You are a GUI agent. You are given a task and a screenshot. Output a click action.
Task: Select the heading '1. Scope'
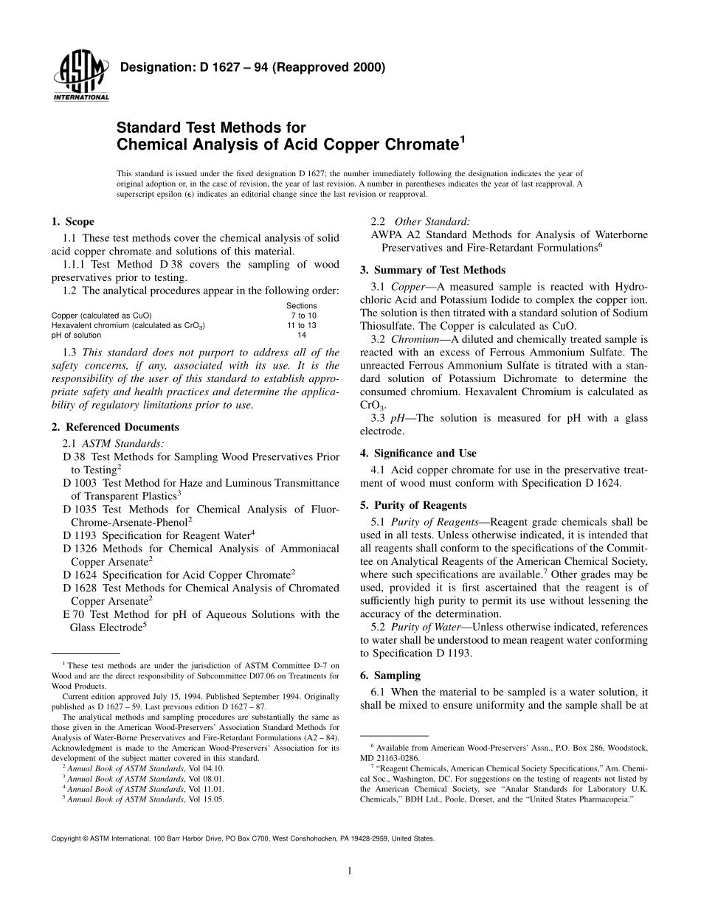tap(72, 222)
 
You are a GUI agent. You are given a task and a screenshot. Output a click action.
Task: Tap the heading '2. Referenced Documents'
tap(115, 427)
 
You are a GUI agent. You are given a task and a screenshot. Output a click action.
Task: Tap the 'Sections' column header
tap(301, 306)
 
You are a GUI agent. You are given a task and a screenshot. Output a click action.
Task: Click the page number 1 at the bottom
tap(350, 871)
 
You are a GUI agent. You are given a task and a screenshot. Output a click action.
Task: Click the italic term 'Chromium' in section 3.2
tap(412, 338)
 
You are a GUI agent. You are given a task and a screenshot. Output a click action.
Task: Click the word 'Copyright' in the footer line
tap(66, 838)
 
